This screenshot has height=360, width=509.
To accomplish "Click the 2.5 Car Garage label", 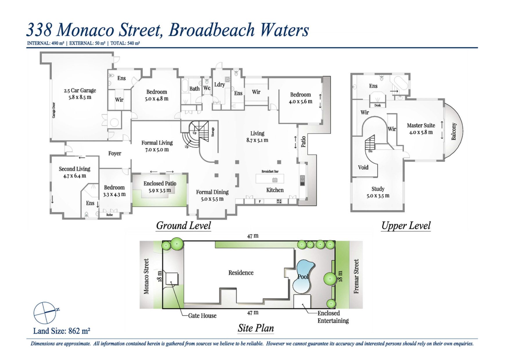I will [x=80, y=90].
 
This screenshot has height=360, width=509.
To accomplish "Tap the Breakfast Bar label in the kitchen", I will [x=270, y=171].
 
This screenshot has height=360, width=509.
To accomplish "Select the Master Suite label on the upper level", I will [x=421, y=125].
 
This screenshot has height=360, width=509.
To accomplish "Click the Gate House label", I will [x=202, y=316].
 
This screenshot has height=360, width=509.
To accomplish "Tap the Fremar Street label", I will [x=356, y=276].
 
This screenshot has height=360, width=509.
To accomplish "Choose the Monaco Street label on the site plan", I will [x=146, y=276].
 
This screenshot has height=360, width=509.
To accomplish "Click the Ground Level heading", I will [x=183, y=226].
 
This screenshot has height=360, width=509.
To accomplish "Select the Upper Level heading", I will [x=406, y=226].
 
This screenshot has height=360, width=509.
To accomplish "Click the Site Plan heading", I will [x=256, y=328].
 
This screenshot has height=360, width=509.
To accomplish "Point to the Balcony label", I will [x=454, y=131].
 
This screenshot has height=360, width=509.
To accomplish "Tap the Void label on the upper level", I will [x=363, y=167].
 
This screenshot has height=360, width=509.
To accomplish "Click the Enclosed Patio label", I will [x=160, y=183].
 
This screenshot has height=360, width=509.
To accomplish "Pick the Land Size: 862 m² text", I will [x=62, y=331].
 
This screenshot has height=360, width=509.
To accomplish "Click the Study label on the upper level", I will [x=378, y=189].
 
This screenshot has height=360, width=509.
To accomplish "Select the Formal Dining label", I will [x=212, y=192].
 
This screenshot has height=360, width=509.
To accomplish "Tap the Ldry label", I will [x=219, y=84].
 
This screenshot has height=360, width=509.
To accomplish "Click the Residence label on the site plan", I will [x=241, y=273].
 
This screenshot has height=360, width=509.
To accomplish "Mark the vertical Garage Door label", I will [x=54, y=110].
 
